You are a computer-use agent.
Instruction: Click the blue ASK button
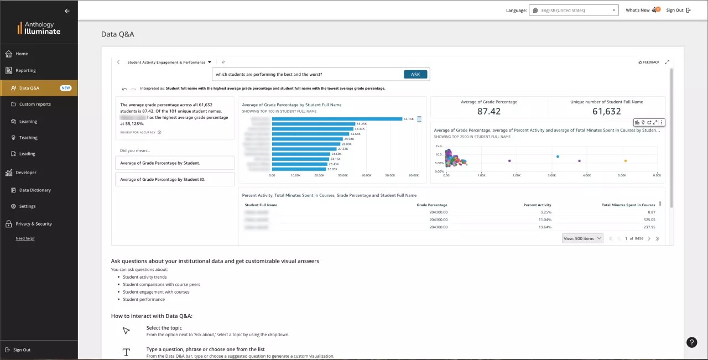coord(415,75)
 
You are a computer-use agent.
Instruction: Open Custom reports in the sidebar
coord(35,104)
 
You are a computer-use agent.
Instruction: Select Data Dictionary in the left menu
coord(35,190)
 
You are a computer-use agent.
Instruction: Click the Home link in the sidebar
coord(22,54)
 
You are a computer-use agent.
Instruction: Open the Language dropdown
coord(574,11)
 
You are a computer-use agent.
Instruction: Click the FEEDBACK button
coord(649,62)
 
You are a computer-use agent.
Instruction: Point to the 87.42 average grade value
coord(488,111)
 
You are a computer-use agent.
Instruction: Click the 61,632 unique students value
coord(606,111)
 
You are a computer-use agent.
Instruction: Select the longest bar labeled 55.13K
coord(337,119)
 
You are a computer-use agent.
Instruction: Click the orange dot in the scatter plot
coord(626,161)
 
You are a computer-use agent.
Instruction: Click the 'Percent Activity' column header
coord(537,205)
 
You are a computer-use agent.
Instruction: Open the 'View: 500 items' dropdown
coord(582,238)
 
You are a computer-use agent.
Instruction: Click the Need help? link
coord(25,238)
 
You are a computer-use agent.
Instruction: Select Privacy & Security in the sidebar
coord(34,224)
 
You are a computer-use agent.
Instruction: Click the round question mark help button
coord(691,342)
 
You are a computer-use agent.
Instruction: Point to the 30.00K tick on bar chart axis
coord(343,175)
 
